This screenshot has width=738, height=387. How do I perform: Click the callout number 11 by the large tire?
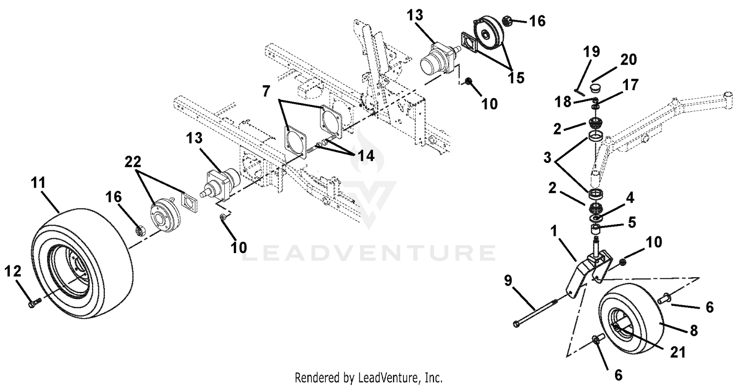pyautogui.click(x=38, y=183)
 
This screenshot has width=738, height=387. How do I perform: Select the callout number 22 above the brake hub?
pyautogui.click(x=133, y=161)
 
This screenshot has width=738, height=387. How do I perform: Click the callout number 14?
pyautogui.click(x=366, y=156)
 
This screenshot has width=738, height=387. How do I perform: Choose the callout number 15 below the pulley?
pyautogui.click(x=516, y=78)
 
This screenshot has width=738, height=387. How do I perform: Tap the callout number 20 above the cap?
pyautogui.click(x=629, y=60)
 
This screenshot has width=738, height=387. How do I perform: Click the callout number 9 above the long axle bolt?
pyautogui.click(x=508, y=281)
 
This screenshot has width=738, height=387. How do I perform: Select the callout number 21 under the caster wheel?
pyautogui.click(x=677, y=352)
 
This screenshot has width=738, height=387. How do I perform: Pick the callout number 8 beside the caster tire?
pyautogui.click(x=694, y=330)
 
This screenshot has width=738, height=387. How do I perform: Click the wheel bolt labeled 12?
pyautogui.click(x=34, y=303)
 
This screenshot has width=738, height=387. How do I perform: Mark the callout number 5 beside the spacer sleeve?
pyautogui.click(x=632, y=223)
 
